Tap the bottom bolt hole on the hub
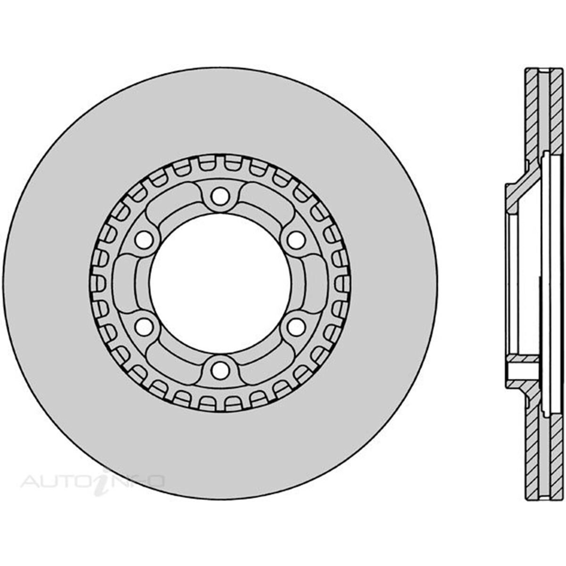[x=219, y=370]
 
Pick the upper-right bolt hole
[x=295, y=240]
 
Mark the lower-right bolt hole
[x=295, y=326]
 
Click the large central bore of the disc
[x=220, y=283]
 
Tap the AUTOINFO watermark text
[x=92, y=482]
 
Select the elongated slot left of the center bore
[x=125, y=283]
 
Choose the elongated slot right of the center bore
[x=315, y=283]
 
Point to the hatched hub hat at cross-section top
[x=519, y=189]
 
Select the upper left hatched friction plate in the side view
[x=532, y=118]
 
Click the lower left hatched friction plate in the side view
[x=532, y=453]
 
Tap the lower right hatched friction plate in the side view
[x=557, y=453]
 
